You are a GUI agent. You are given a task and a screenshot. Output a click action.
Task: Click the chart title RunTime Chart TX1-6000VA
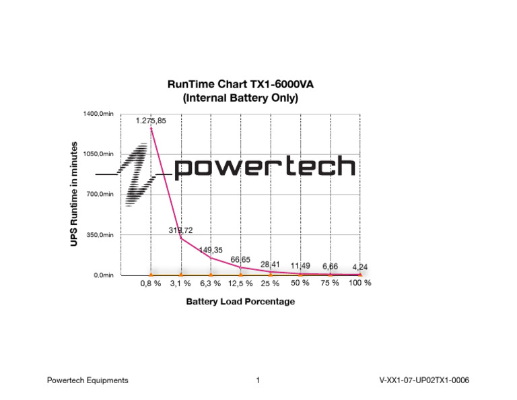tap(241, 85)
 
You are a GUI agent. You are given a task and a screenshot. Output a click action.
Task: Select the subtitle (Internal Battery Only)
tap(241, 98)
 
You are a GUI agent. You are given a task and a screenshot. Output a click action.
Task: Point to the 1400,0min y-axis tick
tap(98, 114)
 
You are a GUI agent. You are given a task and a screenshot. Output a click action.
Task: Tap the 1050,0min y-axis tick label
tap(98, 154)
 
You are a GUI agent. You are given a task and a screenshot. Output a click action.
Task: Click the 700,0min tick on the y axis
tap(100, 195)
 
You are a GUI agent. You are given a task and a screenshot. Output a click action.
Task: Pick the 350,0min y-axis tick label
tap(100, 235)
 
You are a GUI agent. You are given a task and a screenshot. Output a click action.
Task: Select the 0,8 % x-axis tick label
tap(150, 284)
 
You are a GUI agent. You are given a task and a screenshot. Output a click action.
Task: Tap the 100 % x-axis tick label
tap(360, 283)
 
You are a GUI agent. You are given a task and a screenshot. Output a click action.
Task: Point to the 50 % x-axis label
tap(300, 283)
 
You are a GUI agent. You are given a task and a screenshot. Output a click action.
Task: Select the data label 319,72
tap(180, 230)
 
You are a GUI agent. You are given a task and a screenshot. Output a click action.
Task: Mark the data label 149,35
tap(211, 250)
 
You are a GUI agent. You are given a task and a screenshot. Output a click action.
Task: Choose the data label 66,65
tap(240, 259)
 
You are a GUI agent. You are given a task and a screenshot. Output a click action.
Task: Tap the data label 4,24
tap(360, 267)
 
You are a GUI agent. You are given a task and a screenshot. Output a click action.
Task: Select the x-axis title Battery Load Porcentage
tap(240, 302)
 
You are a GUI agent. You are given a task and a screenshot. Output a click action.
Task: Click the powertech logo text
tap(265, 166)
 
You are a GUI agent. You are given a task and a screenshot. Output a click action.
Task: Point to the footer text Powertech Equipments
tap(88, 380)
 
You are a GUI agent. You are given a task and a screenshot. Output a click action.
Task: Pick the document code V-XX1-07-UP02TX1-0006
tap(424, 380)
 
